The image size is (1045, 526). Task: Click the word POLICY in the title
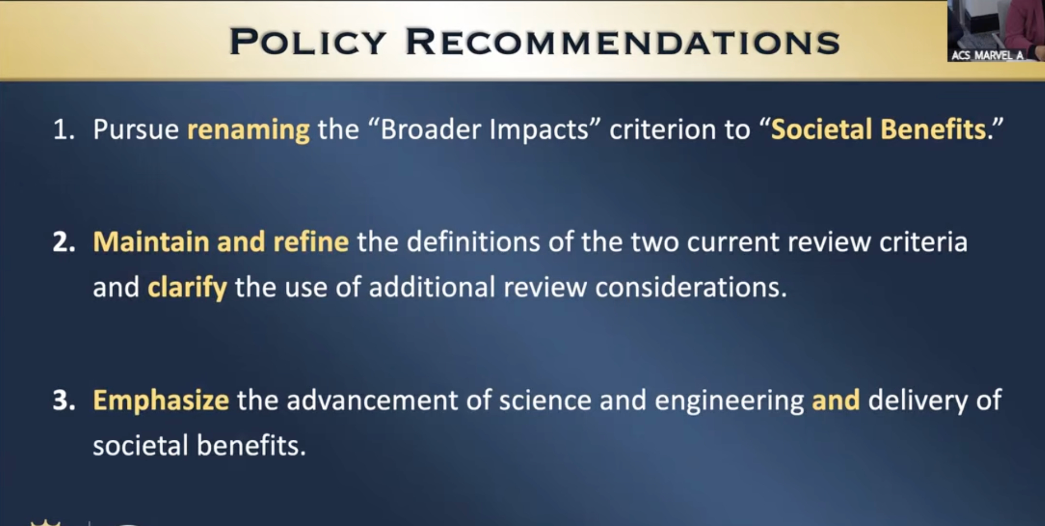point(308,42)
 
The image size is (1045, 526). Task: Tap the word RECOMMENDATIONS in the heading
point(623,42)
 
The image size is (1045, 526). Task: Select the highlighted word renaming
point(249,130)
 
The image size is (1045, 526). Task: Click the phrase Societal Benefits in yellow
point(879,130)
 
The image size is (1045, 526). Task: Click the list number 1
point(63,130)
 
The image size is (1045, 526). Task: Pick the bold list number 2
point(64,242)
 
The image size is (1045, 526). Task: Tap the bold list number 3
point(64,400)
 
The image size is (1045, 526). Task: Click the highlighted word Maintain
point(151,242)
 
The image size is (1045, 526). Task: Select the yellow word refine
point(311,242)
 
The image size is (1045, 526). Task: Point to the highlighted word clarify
point(187,288)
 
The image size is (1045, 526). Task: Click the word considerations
point(691,287)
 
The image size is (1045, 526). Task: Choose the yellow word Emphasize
point(161,401)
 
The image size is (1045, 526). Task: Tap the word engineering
point(729,401)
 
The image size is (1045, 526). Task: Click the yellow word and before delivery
point(835,400)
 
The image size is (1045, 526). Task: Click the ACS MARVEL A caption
point(987,55)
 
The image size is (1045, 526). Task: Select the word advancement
point(372,400)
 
